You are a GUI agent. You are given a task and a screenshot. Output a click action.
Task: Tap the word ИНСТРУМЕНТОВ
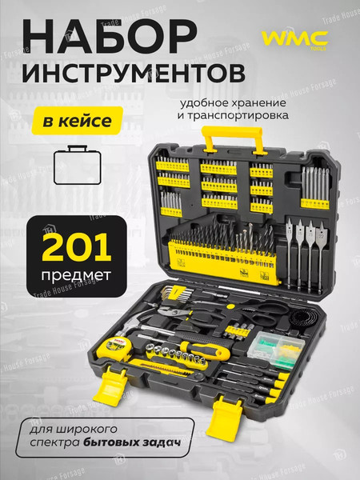pyautogui.click(x=131, y=74)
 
